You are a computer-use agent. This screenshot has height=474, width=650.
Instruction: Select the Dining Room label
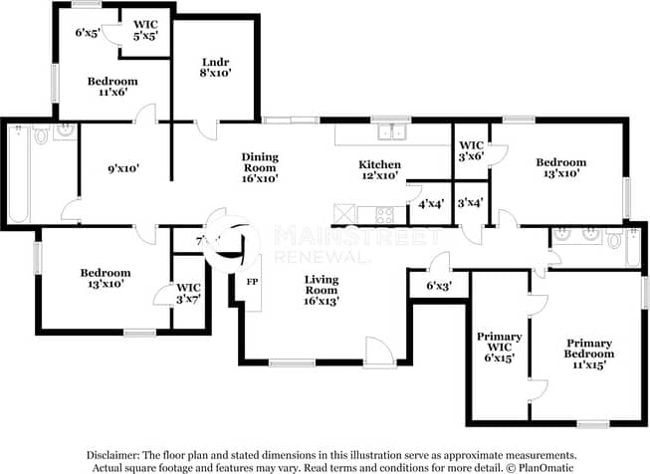click(259, 167)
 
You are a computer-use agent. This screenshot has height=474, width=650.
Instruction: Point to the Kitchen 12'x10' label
click(379, 169)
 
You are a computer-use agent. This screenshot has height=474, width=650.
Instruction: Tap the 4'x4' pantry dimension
click(430, 205)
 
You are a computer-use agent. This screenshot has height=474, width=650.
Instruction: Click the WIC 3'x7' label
click(188, 293)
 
